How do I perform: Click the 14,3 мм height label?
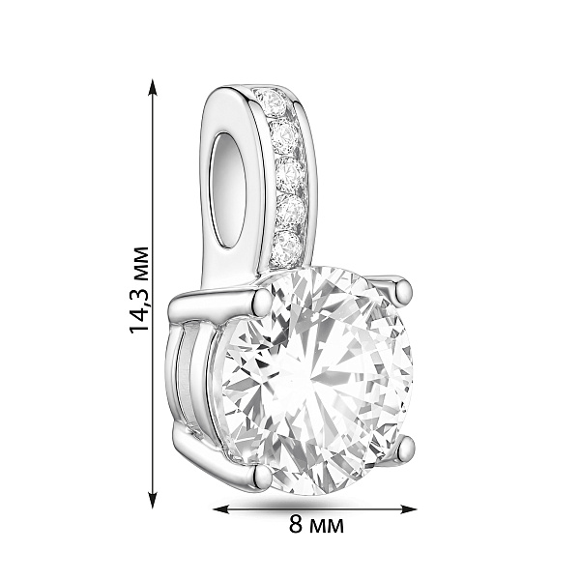(x=139, y=290)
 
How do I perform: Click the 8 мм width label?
(x=316, y=524)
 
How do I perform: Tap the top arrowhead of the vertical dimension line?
(x=153, y=87)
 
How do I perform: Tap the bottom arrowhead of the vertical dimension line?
(x=153, y=500)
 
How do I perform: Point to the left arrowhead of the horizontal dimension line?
(x=222, y=509)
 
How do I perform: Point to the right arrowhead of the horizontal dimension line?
(x=408, y=509)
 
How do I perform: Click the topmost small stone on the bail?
(x=272, y=101)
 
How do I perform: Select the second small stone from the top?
(x=285, y=137)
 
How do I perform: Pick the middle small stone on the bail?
(x=291, y=173)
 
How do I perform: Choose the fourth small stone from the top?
(x=292, y=211)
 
